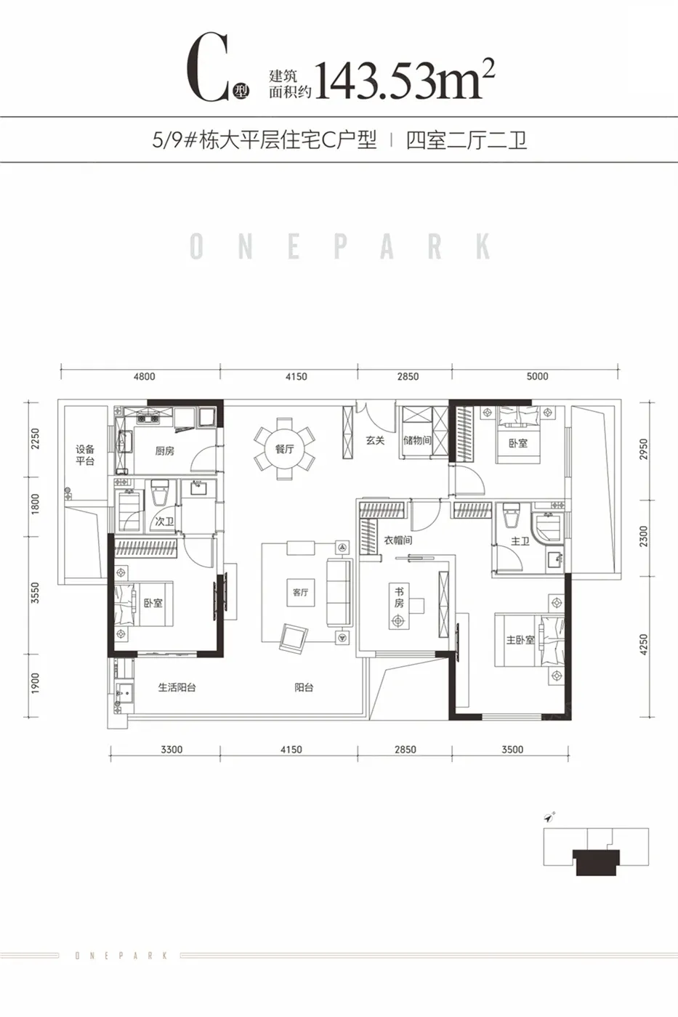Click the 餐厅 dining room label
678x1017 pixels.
(x=285, y=449)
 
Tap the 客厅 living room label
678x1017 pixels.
(x=301, y=593)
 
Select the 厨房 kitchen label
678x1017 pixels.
(x=164, y=451)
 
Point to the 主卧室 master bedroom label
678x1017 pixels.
(x=520, y=640)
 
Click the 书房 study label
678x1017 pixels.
(x=399, y=597)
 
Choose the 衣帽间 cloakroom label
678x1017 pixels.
(x=398, y=540)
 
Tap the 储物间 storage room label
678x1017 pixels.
(x=417, y=440)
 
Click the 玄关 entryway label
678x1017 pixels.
(x=376, y=440)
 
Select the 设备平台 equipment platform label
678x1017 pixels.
(x=85, y=455)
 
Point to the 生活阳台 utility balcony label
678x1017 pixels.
(x=177, y=687)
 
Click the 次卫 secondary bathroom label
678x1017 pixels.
(x=164, y=522)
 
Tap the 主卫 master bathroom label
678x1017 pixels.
(x=520, y=540)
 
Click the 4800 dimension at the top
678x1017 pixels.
(x=145, y=376)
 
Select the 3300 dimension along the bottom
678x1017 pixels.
(x=171, y=750)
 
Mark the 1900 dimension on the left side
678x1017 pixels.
(x=35, y=684)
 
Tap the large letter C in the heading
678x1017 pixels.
(x=208, y=67)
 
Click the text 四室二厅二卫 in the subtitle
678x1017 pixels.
(x=467, y=140)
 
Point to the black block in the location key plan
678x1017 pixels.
(x=596, y=862)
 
